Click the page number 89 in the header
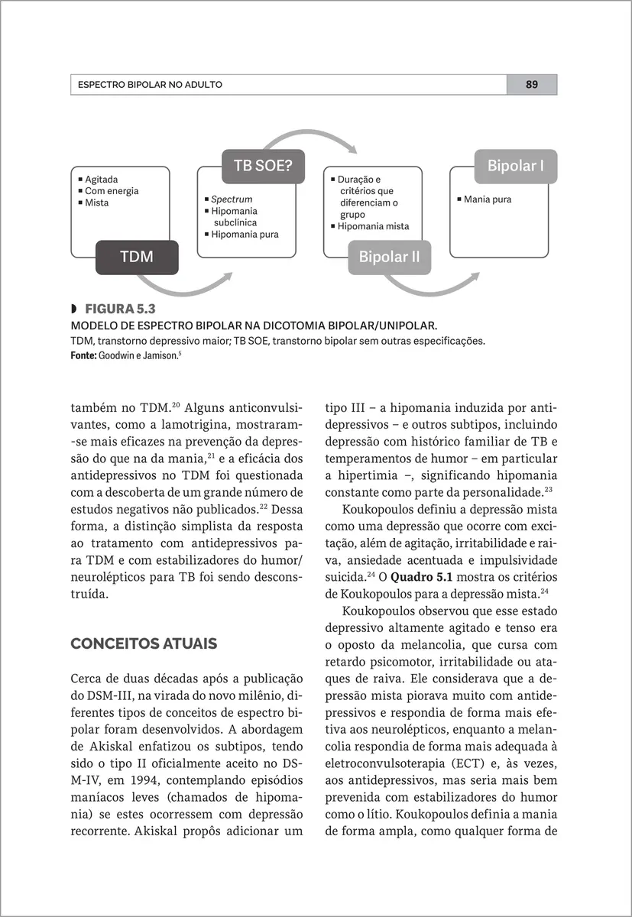(531, 85)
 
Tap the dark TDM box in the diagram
(136, 258)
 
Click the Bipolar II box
(389, 258)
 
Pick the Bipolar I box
(516, 166)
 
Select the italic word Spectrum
(232, 199)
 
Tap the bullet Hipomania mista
(373, 226)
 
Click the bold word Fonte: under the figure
(83, 355)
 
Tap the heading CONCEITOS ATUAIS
(144, 643)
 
